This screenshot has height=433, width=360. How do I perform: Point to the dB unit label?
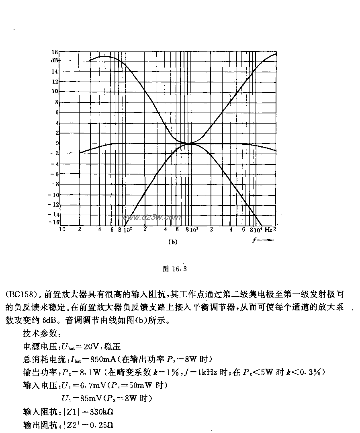[54, 60]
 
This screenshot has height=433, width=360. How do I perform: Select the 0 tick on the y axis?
[57, 143]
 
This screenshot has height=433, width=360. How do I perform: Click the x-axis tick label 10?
[62, 230]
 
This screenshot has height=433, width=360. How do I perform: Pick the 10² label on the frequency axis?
[128, 230]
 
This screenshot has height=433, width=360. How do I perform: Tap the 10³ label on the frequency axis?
[194, 230]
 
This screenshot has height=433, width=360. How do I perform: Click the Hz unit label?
[268, 230]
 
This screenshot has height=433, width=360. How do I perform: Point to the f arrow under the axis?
[263, 240]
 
